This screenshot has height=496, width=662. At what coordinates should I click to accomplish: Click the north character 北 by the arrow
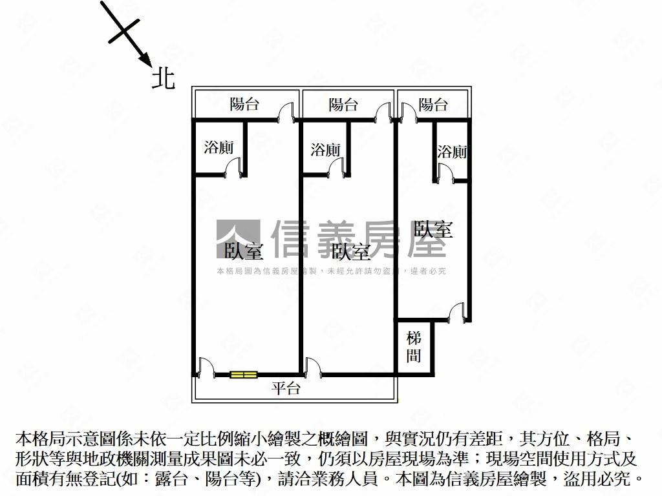(163, 79)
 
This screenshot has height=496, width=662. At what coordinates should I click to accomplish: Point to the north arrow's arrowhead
(145, 60)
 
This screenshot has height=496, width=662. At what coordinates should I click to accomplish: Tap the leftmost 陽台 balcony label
(245, 104)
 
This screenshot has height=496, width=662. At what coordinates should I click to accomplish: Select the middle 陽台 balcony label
(343, 104)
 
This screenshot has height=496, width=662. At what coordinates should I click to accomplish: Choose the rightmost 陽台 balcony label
(432, 104)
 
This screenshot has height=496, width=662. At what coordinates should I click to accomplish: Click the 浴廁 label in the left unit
(219, 147)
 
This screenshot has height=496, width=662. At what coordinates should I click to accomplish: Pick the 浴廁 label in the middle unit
(325, 150)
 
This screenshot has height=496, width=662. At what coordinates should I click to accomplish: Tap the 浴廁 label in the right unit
(452, 152)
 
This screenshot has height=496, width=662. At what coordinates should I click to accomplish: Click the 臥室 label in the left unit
(244, 250)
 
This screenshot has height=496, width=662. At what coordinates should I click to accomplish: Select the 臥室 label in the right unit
(433, 229)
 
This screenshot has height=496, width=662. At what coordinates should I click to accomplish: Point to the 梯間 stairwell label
(414, 346)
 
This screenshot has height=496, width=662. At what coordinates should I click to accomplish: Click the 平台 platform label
(286, 388)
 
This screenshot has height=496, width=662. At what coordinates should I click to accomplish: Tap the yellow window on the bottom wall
(244, 374)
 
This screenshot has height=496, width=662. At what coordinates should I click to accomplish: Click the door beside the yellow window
(207, 366)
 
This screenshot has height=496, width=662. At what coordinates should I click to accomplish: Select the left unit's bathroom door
(232, 167)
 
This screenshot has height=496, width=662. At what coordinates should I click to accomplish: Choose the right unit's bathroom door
(445, 172)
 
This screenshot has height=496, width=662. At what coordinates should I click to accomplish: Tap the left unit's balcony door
(284, 112)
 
